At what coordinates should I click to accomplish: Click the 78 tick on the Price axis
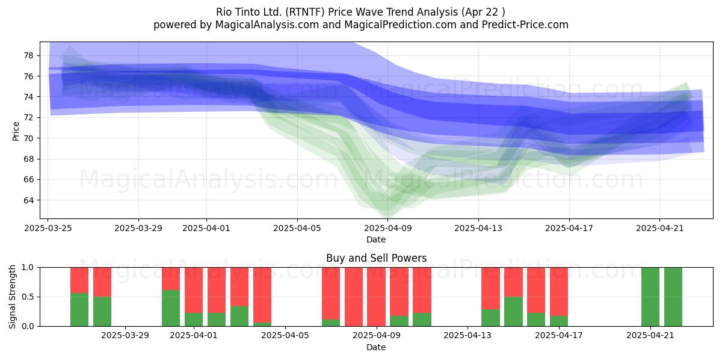coord(29,55)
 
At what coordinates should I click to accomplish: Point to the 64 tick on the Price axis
coord(29,200)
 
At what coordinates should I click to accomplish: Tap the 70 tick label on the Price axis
coord(29,138)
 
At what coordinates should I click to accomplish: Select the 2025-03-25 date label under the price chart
coord(48,228)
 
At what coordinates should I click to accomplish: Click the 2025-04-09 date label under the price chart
coord(387,228)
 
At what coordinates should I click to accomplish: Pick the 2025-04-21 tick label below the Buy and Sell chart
coord(650,336)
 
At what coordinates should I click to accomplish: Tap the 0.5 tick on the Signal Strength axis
coord(28,297)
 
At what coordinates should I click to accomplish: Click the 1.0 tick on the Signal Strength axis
coord(28,268)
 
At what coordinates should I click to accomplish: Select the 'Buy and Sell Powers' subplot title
coord(376,258)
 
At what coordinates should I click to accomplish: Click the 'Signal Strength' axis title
coord(12,297)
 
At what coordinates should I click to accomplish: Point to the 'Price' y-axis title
coord(16,131)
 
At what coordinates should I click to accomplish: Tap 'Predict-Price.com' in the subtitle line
coord(525,25)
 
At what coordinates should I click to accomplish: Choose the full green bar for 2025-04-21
coord(650,297)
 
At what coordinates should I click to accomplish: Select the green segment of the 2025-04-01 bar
coord(194,319)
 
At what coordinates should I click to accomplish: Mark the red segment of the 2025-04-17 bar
coord(559,292)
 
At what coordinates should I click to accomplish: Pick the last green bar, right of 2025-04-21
coord(673,297)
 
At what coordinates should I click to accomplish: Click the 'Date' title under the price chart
coord(376,239)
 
